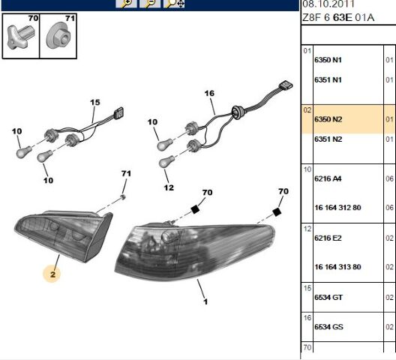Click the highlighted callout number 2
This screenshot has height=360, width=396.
coord(52,274)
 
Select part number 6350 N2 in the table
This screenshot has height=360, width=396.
coord(328,119)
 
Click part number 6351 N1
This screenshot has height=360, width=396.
coord(328,79)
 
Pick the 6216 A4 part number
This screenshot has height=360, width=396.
coord(328,178)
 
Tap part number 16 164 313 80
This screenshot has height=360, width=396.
coord(337,267)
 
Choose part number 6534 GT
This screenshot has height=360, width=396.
coord(328,297)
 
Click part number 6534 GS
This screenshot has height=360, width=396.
coord(328,327)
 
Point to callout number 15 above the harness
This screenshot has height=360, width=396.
coord(95,102)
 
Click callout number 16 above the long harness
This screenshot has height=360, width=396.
coord(209,94)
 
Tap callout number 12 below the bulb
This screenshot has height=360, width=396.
coord(169,187)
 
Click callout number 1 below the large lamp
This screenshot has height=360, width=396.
coord(205,301)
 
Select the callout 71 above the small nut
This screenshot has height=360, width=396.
coord(126,173)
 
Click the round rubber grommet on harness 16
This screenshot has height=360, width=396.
coord(238,112)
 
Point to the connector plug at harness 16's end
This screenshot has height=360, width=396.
coord(286,85)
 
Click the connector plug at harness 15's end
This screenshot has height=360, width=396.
coord(119,112)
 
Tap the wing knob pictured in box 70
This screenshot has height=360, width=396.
coord(21,37)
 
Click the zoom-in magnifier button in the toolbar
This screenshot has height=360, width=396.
coord(126,3)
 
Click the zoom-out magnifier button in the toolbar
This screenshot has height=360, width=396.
coord(150,3)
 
